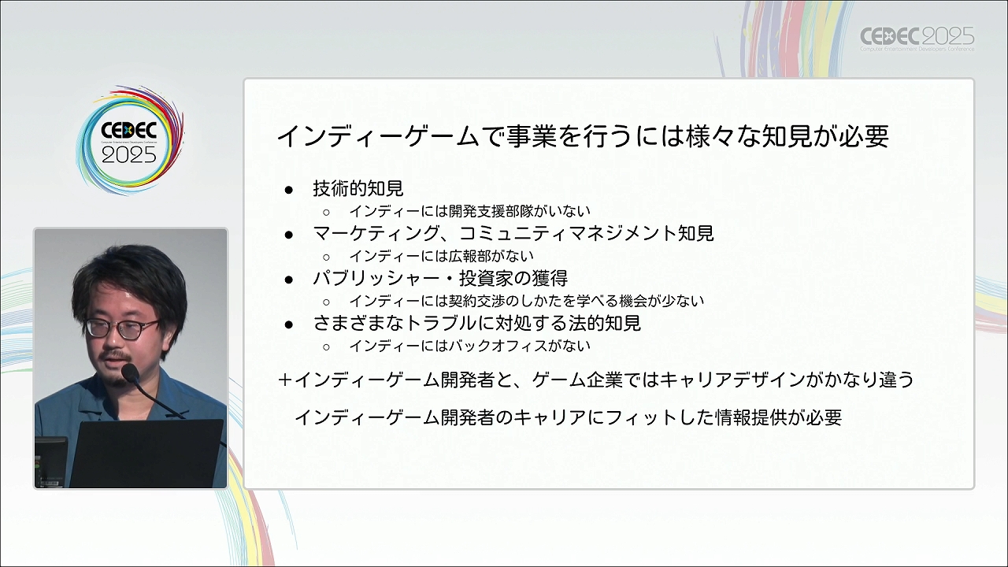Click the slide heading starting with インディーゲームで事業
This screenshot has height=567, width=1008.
click(583, 136)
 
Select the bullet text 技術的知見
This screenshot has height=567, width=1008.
click(358, 188)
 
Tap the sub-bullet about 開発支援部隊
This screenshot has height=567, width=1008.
click(470, 210)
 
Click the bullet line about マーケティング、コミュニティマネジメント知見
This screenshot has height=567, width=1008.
click(513, 233)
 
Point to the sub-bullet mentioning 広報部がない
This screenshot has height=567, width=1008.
click(442, 256)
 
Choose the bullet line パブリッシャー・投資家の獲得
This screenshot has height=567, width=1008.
click(440, 278)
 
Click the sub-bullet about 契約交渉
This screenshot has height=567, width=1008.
click(527, 301)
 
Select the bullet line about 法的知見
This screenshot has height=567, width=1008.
click(477, 323)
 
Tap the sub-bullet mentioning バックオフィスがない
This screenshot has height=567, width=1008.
click(470, 346)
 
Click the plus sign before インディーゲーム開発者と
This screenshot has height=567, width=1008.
click(285, 380)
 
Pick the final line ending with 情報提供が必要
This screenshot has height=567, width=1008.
click(568, 417)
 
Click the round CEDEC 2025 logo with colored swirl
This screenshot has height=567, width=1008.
click(130, 141)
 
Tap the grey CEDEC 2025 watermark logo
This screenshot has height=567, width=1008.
click(917, 39)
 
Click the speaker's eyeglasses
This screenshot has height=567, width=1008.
click(122, 328)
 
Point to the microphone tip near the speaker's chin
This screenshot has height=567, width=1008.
click(130, 372)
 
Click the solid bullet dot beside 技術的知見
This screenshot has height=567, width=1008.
click(289, 190)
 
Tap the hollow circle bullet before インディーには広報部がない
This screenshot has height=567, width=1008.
click(327, 257)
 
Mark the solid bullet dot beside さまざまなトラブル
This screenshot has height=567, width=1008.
click(289, 324)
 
